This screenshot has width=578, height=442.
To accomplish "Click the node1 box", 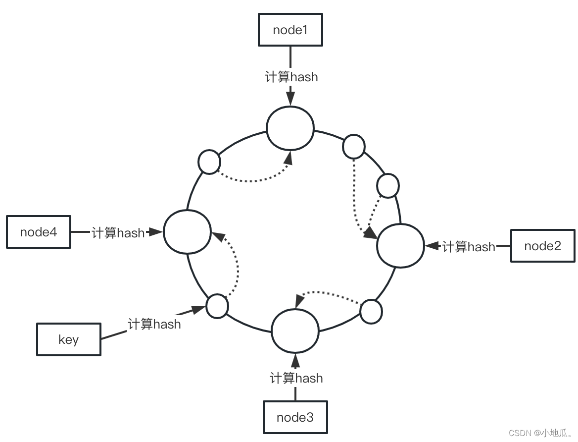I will (290, 30).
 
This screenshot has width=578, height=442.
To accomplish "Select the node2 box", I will (543, 246).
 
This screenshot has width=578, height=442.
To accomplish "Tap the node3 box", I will (295, 417).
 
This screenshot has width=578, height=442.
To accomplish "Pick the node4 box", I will (39, 231).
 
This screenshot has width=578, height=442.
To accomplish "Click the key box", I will (69, 339).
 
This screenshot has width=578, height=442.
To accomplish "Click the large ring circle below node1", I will (290, 128).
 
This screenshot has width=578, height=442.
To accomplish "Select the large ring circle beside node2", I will (400, 245).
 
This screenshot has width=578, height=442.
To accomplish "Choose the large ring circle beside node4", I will (187, 231).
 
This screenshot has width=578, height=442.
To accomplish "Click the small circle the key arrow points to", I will (217, 306).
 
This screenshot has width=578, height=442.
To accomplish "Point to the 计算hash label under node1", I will (291, 77).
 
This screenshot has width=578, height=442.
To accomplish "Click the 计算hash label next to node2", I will (468, 246).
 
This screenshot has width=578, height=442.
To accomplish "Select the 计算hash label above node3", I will (296, 378).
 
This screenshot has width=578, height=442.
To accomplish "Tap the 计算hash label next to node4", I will (118, 232).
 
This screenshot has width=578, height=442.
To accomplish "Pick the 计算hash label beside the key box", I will (154, 324).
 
